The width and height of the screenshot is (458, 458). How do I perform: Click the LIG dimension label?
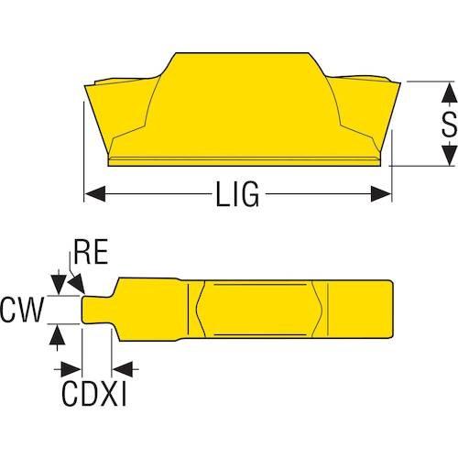pyautogui.click(x=237, y=194)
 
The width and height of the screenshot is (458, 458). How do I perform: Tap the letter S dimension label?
pyautogui.click(x=449, y=124)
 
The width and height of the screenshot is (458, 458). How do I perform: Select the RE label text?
pyautogui.click(x=91, y=252)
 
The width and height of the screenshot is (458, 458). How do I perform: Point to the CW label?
pyautogui.click(x=22, y=310)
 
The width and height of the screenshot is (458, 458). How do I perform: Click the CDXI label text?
pyautogui.click(x=94, y=394)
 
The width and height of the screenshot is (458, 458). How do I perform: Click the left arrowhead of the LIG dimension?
pyautogui.click(x=95, y=193)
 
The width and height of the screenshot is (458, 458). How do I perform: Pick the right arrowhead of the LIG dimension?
pyautogui.click(x=381, y=193)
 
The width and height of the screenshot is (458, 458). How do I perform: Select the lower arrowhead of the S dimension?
pyautogui.click(x=450, y=155)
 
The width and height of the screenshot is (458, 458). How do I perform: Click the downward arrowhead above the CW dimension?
pyautogui.click(x=59, y=285)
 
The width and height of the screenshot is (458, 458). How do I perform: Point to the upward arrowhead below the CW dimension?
pyautogui.click(x=58, y=334)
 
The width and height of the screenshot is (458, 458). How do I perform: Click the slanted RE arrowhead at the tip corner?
pyautogui.click(x=77, y=283)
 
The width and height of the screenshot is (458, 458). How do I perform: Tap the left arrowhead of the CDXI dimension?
pyautogui.click(x=71, y=369)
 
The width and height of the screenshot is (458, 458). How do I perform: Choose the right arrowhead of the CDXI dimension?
pyautogui.click(x=123, y=369)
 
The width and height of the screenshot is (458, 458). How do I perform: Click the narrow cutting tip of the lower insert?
pyautogui.click(x=97, y=310)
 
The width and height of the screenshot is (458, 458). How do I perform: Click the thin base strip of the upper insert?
pyautogui.click(x=245, y=162)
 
